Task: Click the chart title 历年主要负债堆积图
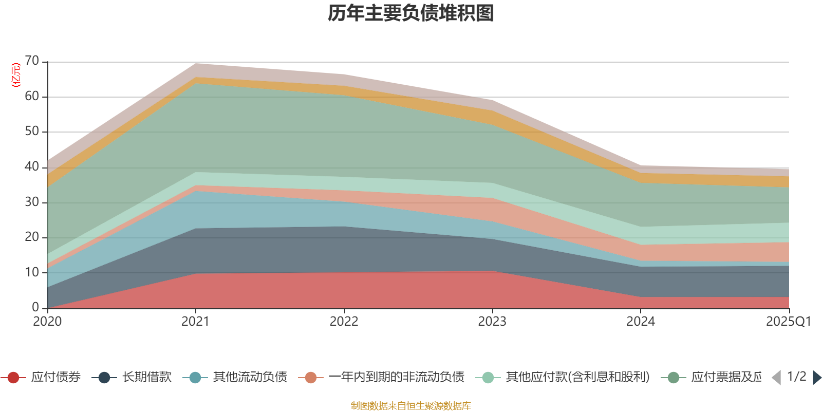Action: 411,13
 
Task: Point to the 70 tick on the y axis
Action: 32,61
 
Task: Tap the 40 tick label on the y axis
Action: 32,166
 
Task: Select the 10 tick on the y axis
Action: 32,272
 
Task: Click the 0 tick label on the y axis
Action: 35,307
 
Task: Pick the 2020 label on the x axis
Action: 47,322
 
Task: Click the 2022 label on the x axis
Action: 344,322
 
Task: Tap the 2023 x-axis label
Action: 492,322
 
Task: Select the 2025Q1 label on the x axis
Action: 788,322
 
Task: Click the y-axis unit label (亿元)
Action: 16,75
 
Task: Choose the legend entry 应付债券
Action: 55,378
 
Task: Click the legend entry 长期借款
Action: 146,378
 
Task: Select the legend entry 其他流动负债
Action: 250,378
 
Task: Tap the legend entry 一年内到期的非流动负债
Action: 396,378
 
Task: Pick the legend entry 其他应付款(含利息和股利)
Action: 577,378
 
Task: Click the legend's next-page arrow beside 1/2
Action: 817,378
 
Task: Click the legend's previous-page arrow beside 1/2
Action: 776,378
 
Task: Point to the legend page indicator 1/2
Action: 796,377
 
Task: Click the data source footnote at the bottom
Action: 411,406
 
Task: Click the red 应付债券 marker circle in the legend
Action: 13,378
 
